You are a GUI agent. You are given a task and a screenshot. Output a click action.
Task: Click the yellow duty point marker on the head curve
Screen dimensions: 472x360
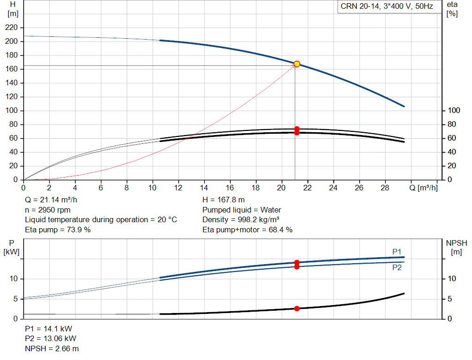pos(297,64)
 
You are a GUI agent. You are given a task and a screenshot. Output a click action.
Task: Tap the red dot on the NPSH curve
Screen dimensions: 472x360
pos(297,308)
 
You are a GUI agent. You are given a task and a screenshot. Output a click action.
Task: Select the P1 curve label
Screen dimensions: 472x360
pos(397,252)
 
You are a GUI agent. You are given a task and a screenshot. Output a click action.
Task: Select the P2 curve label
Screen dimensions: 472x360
pos(397,268)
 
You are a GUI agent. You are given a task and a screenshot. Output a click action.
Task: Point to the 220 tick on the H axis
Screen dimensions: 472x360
pos(12,27)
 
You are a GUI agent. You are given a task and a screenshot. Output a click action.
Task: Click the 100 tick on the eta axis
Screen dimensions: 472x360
pos(454,111)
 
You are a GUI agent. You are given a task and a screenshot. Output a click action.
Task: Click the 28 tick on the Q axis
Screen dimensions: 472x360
pos(385,188)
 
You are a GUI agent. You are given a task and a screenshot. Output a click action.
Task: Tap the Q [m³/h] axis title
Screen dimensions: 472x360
pos(424,188)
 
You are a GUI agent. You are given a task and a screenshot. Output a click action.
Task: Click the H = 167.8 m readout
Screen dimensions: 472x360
pos(224,200)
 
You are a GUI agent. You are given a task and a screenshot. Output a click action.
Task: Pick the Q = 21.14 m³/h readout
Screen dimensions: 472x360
pos(51,200)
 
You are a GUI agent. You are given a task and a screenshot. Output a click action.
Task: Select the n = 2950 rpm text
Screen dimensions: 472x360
pos(47,210)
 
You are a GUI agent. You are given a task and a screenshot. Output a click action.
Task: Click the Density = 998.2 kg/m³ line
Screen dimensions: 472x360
pos(241,220)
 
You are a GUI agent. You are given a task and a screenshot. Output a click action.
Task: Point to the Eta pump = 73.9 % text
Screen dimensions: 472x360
pos(58,230)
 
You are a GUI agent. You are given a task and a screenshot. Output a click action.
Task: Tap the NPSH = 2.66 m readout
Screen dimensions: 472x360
pos(52,348)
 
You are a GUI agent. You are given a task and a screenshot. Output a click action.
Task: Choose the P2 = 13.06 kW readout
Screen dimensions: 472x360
pos(50,339)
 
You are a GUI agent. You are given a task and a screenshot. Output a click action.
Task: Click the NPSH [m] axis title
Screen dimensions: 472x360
pos(456,248)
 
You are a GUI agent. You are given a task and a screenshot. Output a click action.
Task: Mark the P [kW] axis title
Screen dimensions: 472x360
pos(12,248)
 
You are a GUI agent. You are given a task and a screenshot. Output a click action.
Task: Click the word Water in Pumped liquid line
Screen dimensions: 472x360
pos(271,210)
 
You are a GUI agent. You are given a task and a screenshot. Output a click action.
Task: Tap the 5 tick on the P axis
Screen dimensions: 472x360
pos(16,299)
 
